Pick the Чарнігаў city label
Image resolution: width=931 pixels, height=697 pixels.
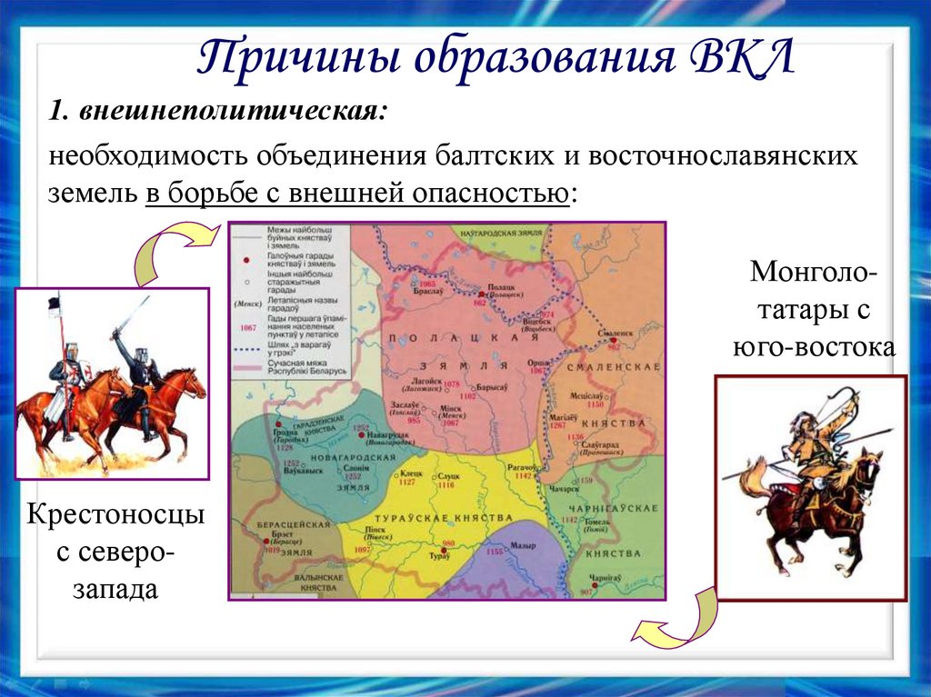604,578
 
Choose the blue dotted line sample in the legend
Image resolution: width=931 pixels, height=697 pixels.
245,348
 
